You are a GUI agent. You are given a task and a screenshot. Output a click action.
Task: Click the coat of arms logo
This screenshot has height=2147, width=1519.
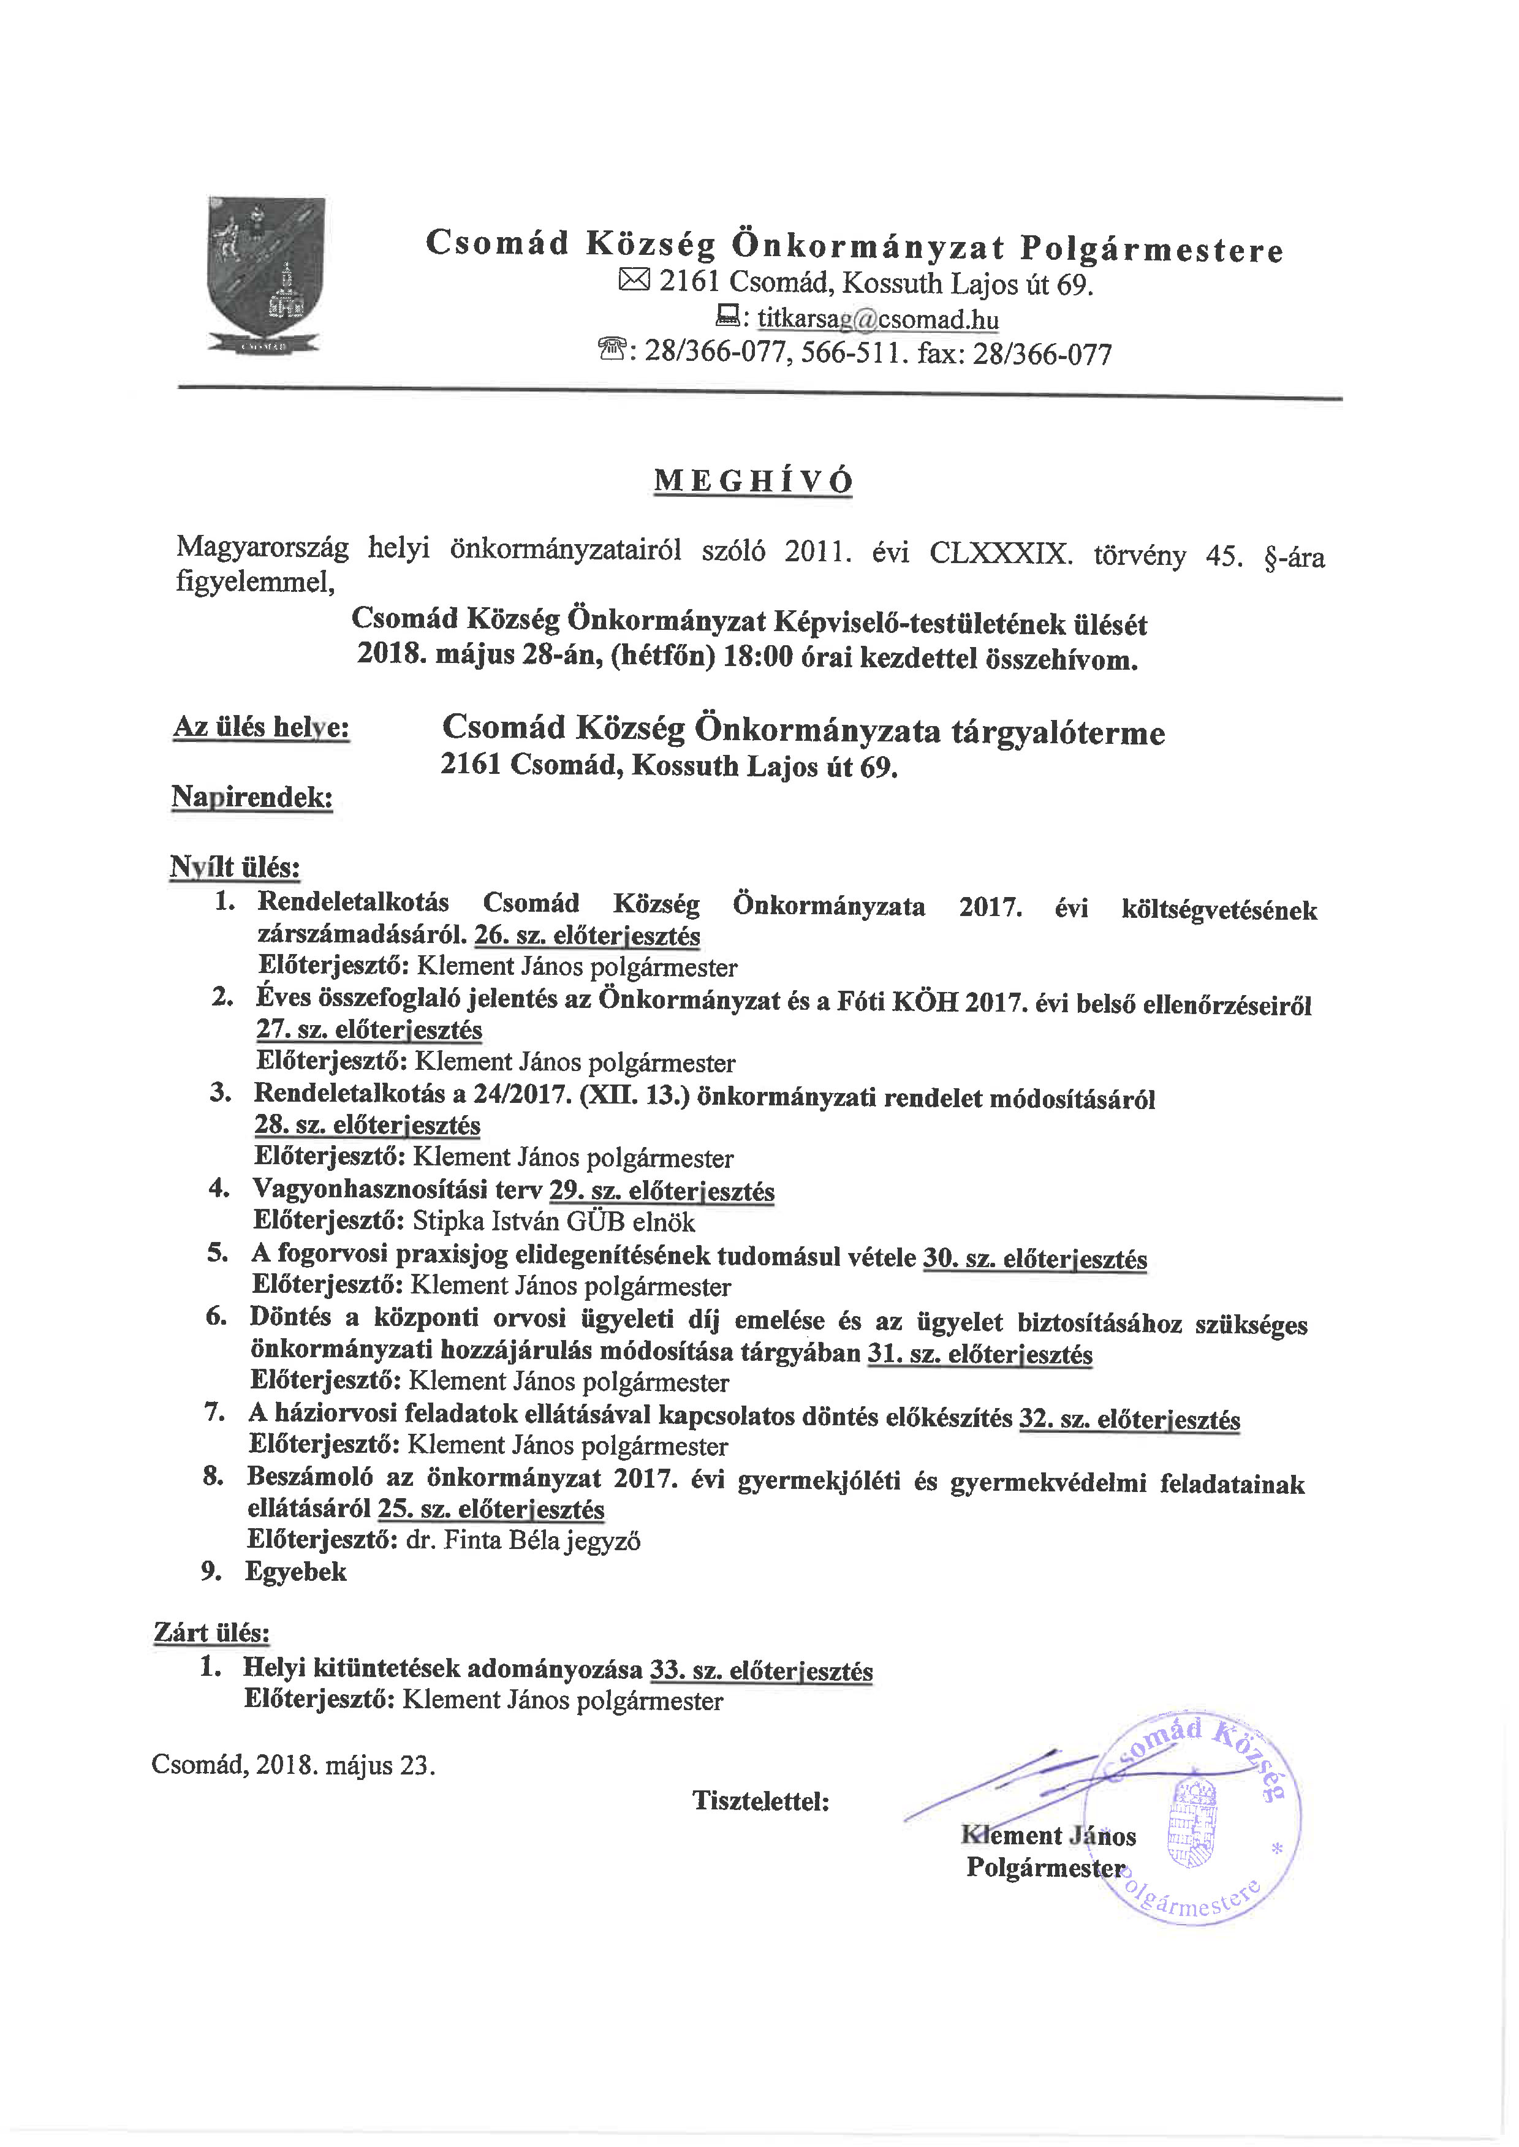[x=266, y=275]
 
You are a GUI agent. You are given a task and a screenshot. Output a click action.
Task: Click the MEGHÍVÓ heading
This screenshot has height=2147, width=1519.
[x=753, y=480]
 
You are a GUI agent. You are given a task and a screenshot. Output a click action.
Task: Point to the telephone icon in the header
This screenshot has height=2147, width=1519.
[x=613, y=352]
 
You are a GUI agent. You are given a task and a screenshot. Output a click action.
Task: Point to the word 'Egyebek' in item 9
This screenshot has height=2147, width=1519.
[x=295, y=1571]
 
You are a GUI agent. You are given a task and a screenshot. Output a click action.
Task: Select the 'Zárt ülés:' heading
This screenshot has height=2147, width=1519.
[x=211, y=1633]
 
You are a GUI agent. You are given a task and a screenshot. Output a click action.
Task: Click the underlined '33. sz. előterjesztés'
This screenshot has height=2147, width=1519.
[x=762, y=1670]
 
